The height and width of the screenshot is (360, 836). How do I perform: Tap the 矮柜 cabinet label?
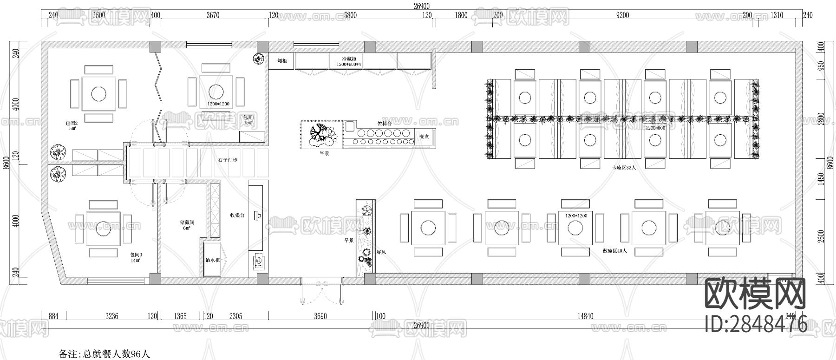282,61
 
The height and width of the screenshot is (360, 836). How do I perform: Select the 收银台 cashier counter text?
237,215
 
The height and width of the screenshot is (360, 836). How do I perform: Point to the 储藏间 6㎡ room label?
187,225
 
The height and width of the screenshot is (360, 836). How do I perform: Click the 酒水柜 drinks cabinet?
212,261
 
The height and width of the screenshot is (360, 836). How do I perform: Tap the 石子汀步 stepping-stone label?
228,160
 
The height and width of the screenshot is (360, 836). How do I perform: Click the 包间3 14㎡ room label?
136,258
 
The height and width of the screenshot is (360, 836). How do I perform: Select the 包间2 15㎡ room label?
71,126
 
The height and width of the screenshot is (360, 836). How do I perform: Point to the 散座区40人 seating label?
614,250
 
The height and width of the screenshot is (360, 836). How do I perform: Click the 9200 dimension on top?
622,15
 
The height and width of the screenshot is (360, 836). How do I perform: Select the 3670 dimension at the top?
212,15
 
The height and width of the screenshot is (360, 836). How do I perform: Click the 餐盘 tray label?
424,137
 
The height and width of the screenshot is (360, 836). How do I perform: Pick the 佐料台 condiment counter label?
385,124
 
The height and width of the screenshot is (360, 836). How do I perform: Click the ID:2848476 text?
756,324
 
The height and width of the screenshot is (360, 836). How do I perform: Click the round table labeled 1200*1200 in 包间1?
215,90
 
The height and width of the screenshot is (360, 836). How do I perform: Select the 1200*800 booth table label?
655,127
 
